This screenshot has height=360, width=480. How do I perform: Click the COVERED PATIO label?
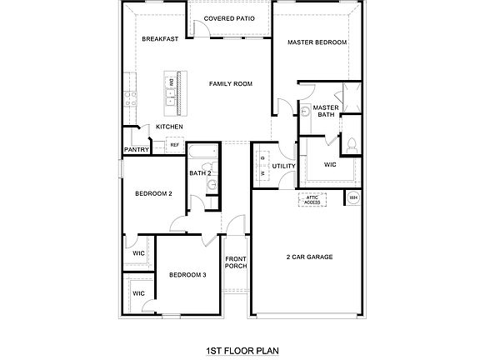click(x=230, y=17)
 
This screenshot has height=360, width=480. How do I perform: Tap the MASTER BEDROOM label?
click(x=317, y=42)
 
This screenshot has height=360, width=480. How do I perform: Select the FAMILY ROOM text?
click(x=231, y=83)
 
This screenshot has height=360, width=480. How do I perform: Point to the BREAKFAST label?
click(x=160, y=39)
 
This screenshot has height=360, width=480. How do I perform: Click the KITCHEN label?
click(x=169, y=127)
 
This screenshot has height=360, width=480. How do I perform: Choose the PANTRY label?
click(x=136, y=150)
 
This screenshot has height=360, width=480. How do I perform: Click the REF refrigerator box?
click(x=174, y=145)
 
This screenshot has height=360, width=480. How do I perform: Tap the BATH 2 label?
click(x=200, y=173)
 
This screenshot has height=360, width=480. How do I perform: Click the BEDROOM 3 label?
click(x=187, y=274)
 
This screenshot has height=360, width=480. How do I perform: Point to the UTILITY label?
click(x=284, y=166)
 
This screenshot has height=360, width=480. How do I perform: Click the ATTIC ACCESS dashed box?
click(x=312, y=200)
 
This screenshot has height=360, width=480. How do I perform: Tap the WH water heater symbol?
click(x=353, y=197)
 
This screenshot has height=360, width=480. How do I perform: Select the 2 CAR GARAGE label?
click(x=309, y=257)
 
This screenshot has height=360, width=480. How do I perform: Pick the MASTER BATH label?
click(x=326, y=112)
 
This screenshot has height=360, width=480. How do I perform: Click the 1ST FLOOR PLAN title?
click(x=240, y=352)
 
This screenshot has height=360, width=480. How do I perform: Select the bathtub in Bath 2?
click(x=201, y=153)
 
